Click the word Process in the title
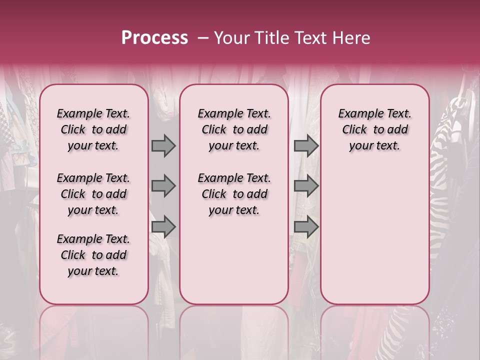(154, 38)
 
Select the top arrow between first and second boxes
(163, 146)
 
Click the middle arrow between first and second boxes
(163, 186)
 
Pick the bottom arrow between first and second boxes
(163, 227)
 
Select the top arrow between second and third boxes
(306, 146)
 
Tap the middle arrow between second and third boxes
(306, 186)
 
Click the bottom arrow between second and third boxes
(306, 227)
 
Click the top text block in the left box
(93, 129)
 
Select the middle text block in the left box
(93, 194)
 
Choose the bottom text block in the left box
(93, 255)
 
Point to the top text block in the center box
(234, 129)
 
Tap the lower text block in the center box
(234, 194)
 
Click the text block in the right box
(374, 129)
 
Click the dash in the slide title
(203, 38)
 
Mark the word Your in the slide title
(232, 38)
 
